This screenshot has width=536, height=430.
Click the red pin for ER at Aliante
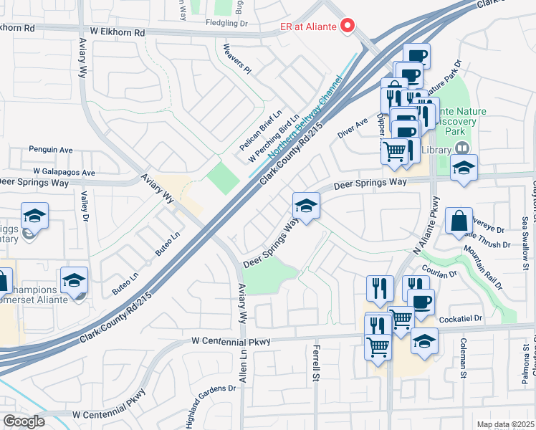coord(349,26)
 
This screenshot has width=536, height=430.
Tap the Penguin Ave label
coord(51,150)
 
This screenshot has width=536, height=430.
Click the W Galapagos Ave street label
coord(64,173)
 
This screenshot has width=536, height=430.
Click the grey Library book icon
coord(462,148)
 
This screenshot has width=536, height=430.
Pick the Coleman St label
coord(464,358)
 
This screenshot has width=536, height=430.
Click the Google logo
coord(24,421)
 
